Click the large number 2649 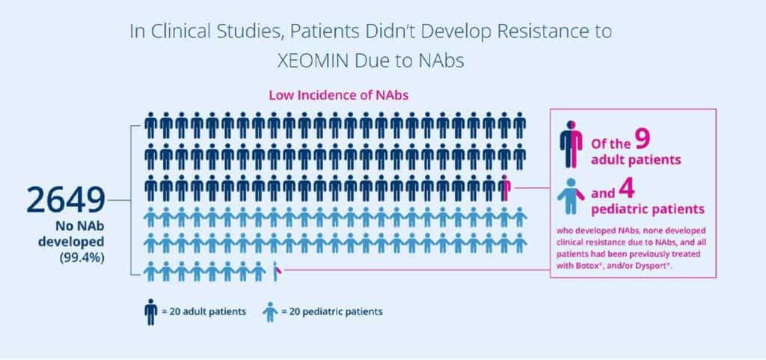pos(65,200)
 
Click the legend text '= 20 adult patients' pos(203,311)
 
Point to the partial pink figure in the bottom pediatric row pos(276,271)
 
